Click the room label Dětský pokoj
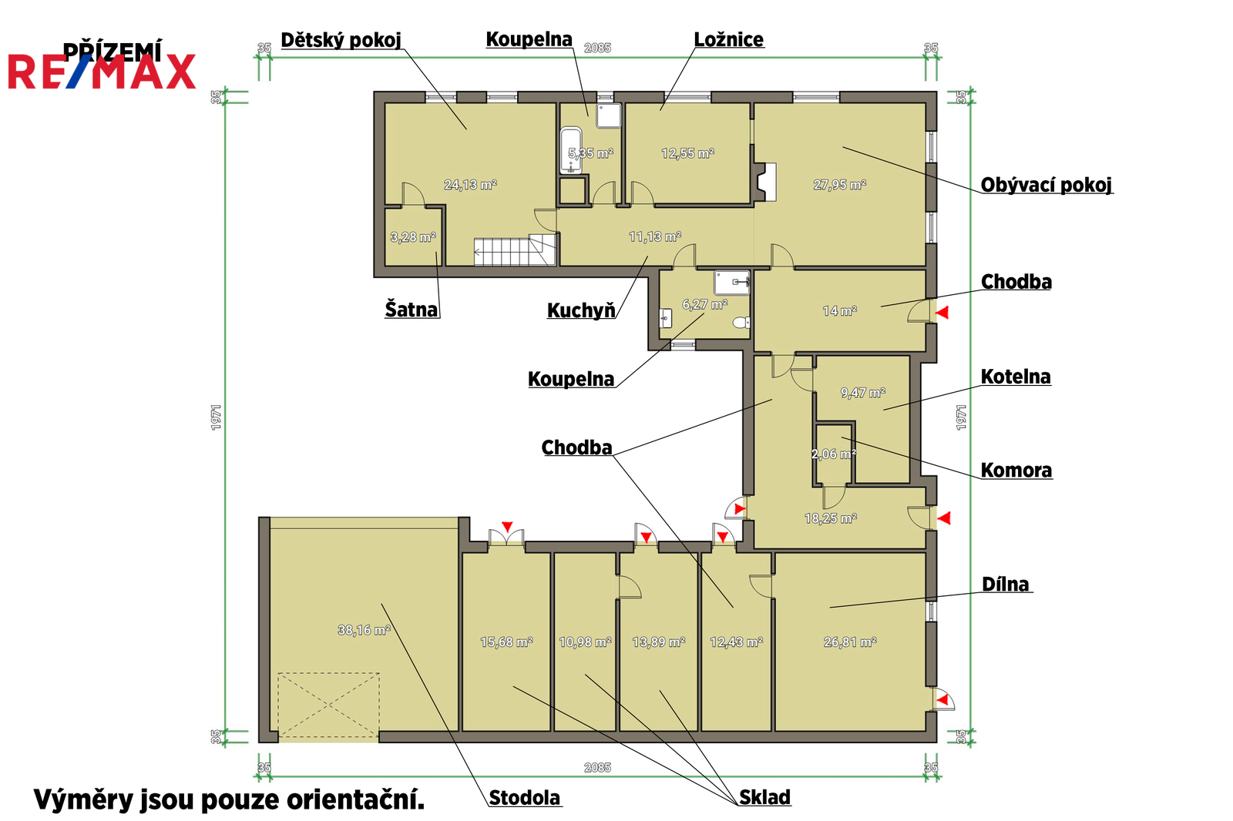[x=341, y=40]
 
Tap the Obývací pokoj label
[x=1046, y=185]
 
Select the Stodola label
[x=524, y=798]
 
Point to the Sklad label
[x=764, y=797]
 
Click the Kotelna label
[x=1016, y=377]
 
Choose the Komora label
[x=1016, y=471]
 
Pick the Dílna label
[x=1005, y=585]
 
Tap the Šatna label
[x=412, y=310]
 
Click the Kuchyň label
[x=581, y=310]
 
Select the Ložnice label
[x=729, y=39]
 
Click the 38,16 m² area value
[x=364, y=630]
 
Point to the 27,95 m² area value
[x=839, y=185]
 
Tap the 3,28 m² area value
[x=413, y=237]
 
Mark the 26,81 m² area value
[x=850, y=642]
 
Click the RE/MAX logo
[x=102, y=72]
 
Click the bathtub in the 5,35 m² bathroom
[x=571, y=150]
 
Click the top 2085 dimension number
[x=597, y=48]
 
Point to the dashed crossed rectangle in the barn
[x=328, y=705]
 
